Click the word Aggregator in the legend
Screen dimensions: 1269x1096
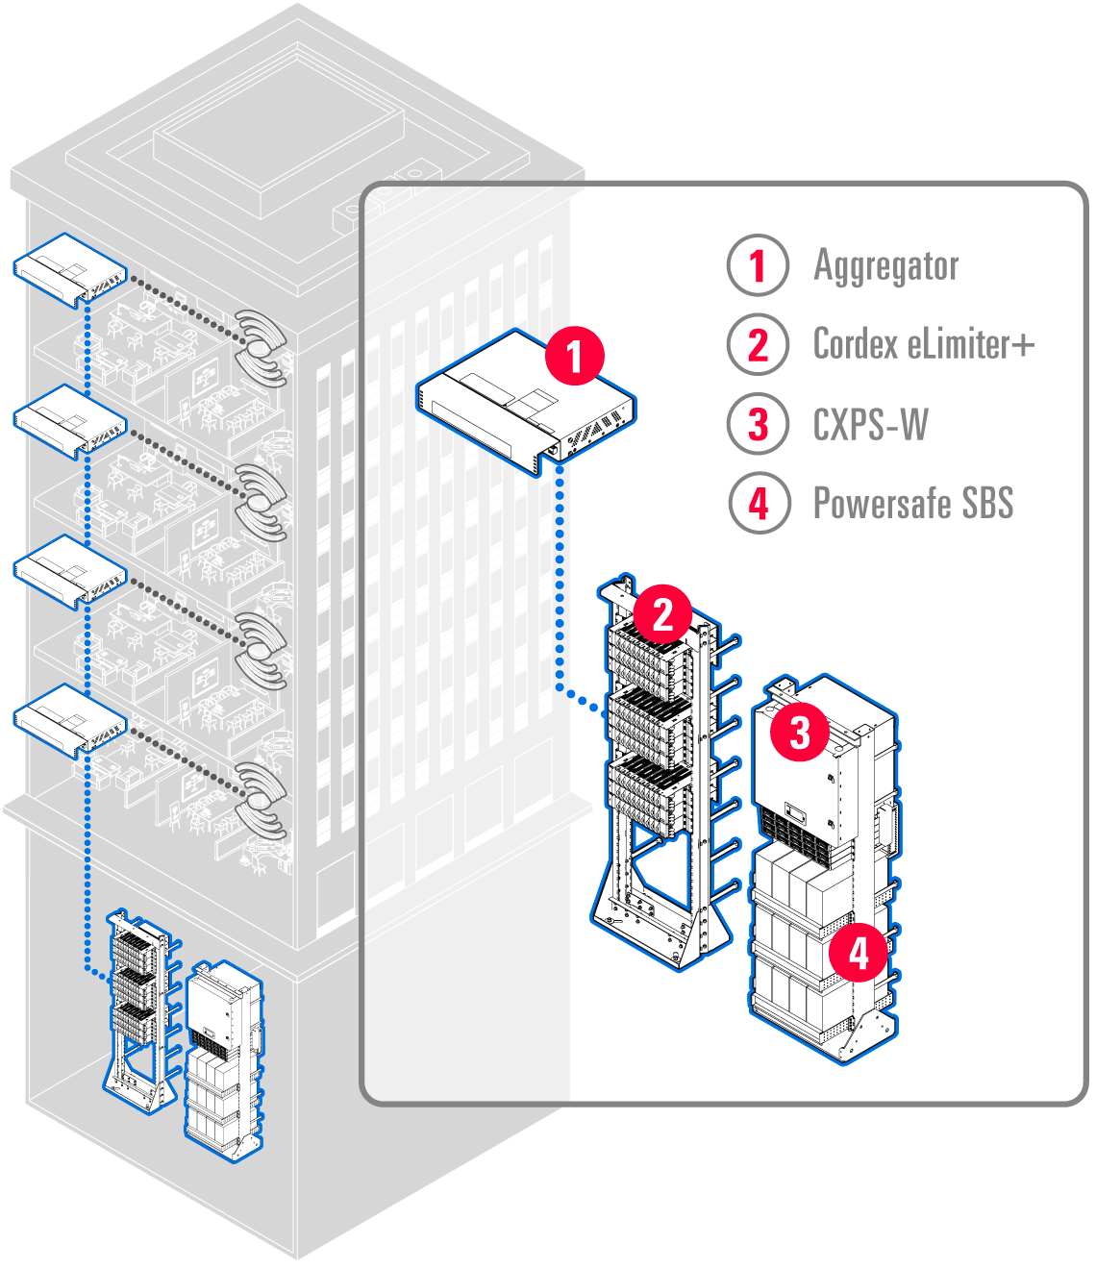pos(885,266)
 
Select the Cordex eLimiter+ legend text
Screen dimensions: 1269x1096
pos(923,344)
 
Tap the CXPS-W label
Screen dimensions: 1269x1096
pos(870,424)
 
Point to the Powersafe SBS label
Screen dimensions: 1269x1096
pos(913,503)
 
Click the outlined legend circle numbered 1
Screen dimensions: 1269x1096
pos(758,265)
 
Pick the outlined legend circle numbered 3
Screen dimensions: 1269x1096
pos(758,424)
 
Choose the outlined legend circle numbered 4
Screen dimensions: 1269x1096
pos(758,503)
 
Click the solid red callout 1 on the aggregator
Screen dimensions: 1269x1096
pos(574,356)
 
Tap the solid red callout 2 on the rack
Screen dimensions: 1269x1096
pos(662,614)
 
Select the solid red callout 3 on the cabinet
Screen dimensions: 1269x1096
pos(800,733)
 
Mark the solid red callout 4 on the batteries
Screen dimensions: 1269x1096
pos(858,953)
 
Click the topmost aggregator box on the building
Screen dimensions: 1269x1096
pos(70,269)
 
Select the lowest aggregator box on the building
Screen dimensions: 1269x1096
pos(70,721)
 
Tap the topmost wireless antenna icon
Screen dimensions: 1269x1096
pos(261,347)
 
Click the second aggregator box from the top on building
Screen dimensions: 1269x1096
pos(70,420)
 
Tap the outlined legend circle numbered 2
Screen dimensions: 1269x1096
pos(758,344)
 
